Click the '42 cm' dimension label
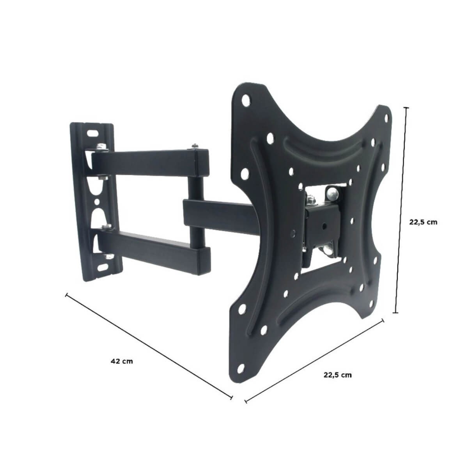click(122, 361)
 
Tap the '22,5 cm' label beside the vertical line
click(423, 222)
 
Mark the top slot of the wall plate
click(93, 133)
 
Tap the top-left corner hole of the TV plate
click(245, 99)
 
